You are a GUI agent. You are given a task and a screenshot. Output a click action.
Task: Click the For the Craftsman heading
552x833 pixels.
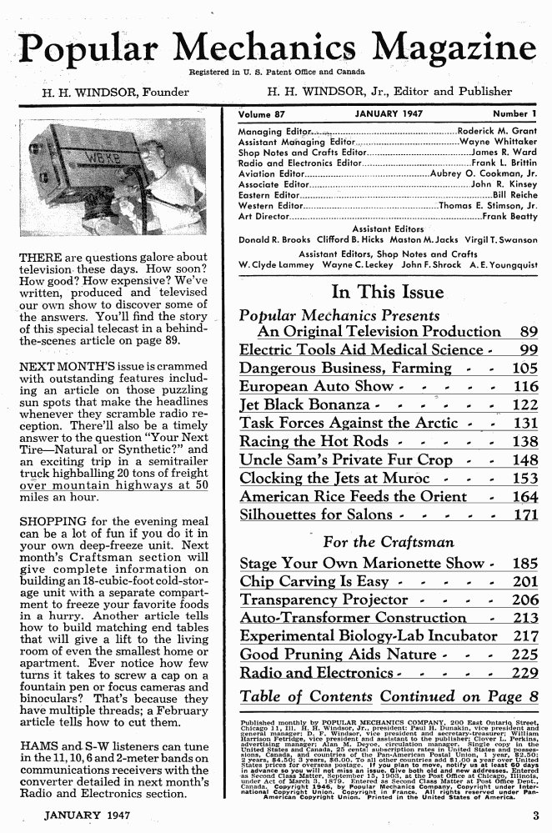(388, 542)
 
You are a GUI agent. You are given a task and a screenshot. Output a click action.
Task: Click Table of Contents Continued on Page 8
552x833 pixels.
(389, 696)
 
